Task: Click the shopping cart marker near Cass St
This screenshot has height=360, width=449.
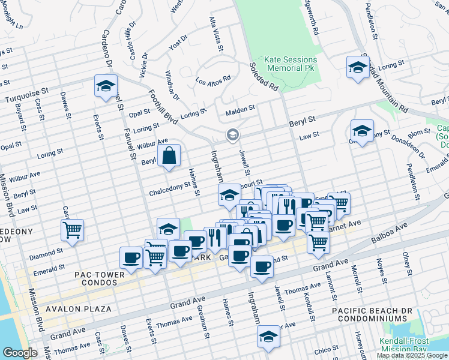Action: tap(72, 230)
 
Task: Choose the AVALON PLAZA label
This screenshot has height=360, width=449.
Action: tap(77, 309)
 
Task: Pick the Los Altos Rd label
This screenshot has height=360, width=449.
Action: tap(213, 79)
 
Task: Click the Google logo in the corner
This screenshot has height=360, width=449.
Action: tap(19, 353)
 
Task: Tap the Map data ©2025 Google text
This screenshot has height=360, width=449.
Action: tap(411, 355)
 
